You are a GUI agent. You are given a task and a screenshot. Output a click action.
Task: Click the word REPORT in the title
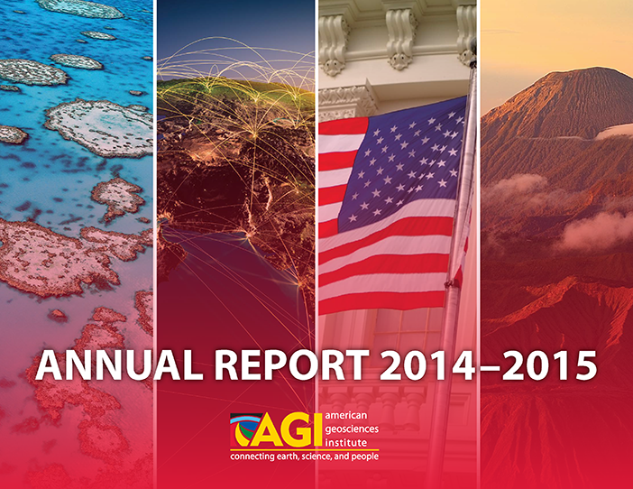pos(291,365)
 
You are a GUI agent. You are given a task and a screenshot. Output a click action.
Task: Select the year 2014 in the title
pos(427,365)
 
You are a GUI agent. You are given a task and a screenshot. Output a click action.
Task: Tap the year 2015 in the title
pos(549,365)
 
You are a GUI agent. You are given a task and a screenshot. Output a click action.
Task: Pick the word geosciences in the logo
pos(352,429)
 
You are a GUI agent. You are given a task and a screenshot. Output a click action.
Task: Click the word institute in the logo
pos(346,443)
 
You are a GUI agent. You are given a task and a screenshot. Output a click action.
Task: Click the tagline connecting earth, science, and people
pos(305,457)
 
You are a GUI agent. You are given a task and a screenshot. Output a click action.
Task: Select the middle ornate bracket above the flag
pos(401,39)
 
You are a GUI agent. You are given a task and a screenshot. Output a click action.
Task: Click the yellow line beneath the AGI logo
pos(305,450)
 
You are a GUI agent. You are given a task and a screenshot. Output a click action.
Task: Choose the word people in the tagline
pos(366,457)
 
